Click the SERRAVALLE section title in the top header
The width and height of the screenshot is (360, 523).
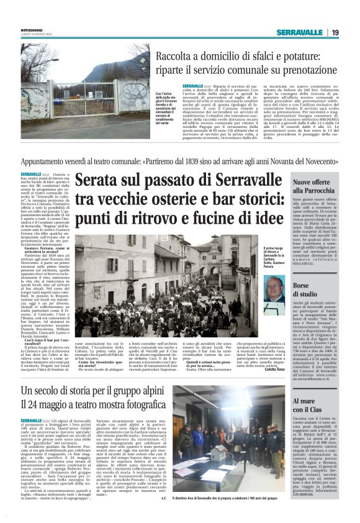300,32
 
